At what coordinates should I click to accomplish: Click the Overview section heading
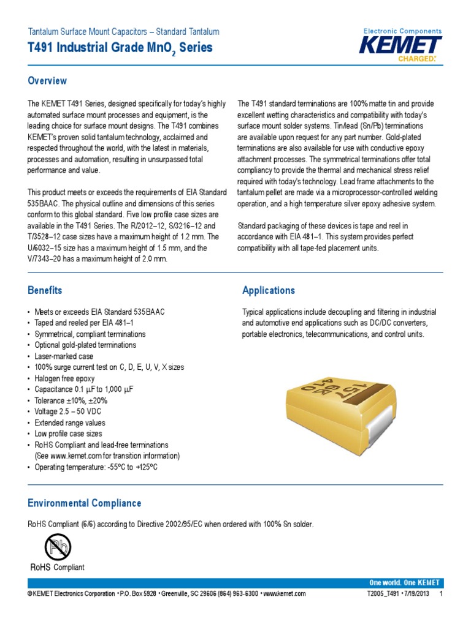(x=47, y=81)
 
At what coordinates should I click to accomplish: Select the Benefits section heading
(x=45, y=290)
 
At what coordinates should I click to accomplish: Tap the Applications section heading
(x=269, y=290)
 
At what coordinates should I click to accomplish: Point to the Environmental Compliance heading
(x=84, y=503)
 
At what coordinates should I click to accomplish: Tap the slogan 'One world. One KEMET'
(x=404, y=582)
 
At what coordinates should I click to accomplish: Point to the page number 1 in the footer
(x=441, y=594)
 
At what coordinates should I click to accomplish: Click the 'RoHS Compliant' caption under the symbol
(x=57, y=568)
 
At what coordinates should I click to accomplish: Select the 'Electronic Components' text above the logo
(x=402, y=31)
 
